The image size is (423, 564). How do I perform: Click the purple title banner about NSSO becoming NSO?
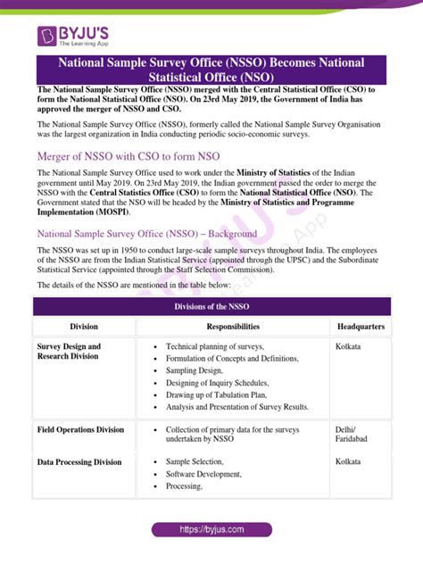click(211, 70)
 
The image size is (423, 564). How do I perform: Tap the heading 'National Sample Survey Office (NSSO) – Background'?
click(147, 234)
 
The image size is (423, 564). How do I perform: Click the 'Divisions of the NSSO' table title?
click(211, 306)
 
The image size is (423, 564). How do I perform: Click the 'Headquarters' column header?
click(361, 327)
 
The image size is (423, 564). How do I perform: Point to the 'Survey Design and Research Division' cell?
click(70, 351)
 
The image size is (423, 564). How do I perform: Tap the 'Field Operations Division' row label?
click(81, 429)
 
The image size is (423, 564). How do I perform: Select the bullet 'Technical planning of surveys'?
click(224, 345)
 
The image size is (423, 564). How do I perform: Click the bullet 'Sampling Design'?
click(195, 369)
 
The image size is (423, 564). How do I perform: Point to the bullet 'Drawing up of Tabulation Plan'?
click(217, 394)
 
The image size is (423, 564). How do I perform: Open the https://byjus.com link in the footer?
click(211, 529)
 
